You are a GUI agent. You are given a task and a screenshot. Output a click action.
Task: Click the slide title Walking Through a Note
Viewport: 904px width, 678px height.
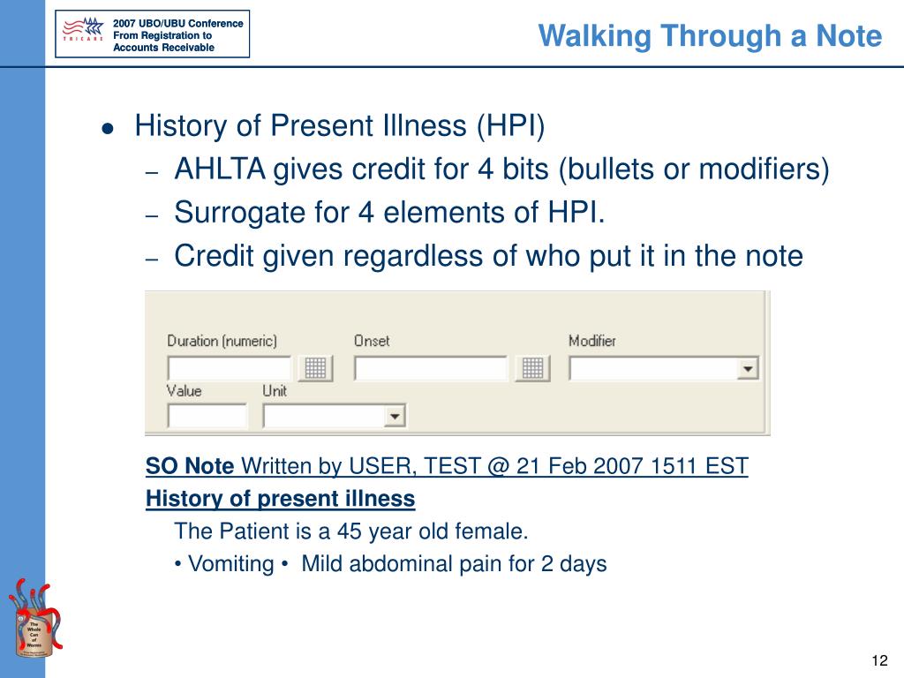coord(710,36)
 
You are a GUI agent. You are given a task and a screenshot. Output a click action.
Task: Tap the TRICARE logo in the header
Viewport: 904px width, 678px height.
coord(84,34)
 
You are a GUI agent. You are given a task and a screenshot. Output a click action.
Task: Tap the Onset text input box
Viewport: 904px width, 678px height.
coord(431,368)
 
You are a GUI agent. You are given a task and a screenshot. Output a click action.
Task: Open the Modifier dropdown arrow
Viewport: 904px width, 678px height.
coord(748,368)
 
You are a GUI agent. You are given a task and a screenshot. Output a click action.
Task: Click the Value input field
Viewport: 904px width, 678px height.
coord(207,415)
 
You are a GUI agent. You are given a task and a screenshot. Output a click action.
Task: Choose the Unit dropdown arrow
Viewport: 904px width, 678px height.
coord(395,416)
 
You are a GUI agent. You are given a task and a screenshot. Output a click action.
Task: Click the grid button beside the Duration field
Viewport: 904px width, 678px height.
coord(315,368)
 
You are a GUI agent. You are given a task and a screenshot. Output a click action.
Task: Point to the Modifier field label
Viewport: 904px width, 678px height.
coord(591,341)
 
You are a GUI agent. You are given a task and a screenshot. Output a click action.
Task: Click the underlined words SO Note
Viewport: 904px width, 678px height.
coord(190,466)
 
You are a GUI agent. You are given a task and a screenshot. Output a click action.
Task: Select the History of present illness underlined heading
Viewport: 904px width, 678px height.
coord(280,499)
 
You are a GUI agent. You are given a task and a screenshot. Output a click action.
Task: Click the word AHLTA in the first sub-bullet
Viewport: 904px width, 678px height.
coord(219,169)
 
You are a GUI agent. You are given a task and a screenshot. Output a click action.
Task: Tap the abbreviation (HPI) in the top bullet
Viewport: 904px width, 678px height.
coord(511,127)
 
